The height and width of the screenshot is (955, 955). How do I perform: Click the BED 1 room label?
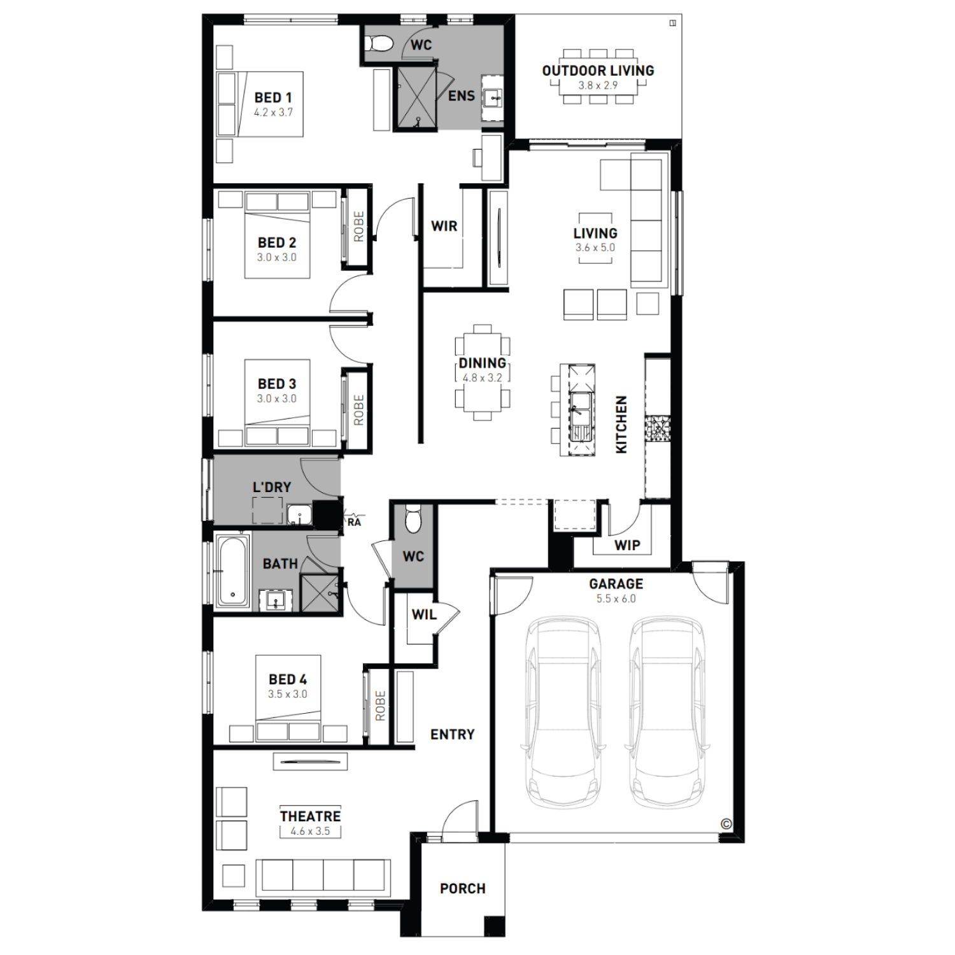point(273,97)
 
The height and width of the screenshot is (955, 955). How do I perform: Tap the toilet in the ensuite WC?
point(380,43)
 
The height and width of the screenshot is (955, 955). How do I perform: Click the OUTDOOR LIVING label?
point(598,71)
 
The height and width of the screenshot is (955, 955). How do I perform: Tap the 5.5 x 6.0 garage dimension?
point(616,598)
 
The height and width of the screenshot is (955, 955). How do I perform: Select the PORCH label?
point(463,888)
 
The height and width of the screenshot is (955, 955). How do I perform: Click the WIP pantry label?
point(627,545)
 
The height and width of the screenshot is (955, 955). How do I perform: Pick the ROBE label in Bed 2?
point(358,227)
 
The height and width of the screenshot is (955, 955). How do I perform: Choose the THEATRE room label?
point(310,816)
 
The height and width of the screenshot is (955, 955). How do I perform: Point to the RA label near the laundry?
point(354,522)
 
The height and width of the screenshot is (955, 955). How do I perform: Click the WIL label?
point(424,614)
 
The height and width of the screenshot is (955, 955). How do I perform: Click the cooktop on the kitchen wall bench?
point(658,430)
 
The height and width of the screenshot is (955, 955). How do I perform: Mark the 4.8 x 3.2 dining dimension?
point(483,378)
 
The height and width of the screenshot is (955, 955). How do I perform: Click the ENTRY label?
point(453,735)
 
